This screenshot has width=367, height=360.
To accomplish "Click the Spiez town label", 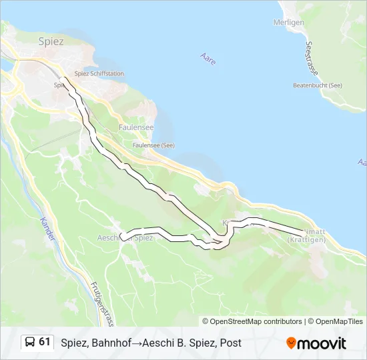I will [51, 41].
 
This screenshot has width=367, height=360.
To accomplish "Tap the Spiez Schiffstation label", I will [99, 73].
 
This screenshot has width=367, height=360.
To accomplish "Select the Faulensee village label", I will [136, 127].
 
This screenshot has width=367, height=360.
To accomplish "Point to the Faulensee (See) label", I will [153, 145].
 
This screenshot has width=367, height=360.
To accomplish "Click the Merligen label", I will [289, 22].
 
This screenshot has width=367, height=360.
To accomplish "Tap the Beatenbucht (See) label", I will [318, 85].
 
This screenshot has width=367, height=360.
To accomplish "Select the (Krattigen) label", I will [308, 239].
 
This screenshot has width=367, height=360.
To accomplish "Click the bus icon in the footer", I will [30, 343].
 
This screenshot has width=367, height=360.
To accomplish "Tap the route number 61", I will [45, 342].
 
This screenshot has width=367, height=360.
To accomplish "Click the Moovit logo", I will [316, 343].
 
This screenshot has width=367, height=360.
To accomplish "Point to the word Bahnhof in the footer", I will [111, 343].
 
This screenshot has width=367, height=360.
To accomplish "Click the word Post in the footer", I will [230, 343].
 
